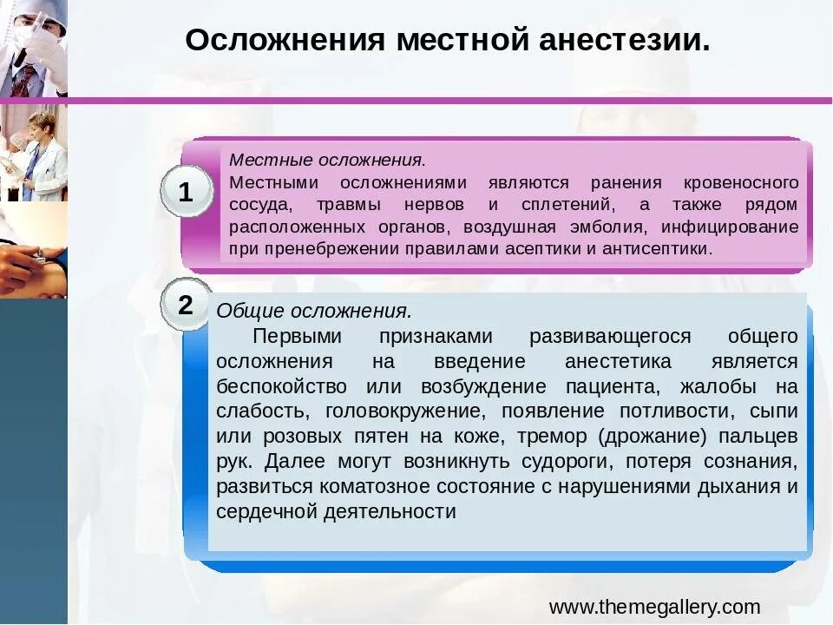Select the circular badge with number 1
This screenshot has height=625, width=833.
(x=186, y=193)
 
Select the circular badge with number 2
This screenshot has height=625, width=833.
(x=186, y=305)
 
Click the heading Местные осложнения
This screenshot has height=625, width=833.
(x=327, y=161)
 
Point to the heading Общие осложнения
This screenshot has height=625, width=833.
(x=313, y=311)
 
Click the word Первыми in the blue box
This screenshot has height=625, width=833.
(x=297, y=336)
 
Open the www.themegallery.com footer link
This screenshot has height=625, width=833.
(x=654, y=607)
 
